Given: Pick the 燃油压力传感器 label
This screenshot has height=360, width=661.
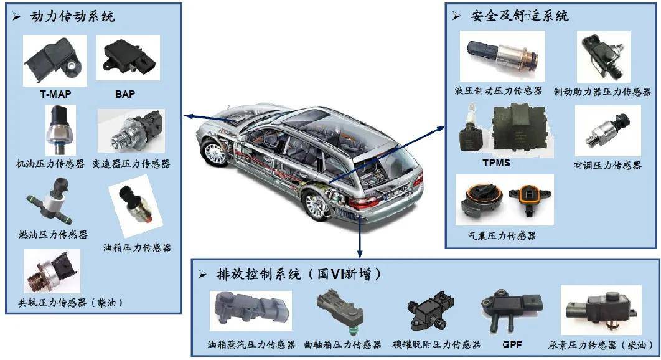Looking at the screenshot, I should point(54,235).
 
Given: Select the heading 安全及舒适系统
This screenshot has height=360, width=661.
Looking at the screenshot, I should point(519,16).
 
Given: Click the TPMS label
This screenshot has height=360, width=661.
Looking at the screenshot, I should point(497,163).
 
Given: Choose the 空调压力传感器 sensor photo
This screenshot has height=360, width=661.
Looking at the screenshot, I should point(607,130).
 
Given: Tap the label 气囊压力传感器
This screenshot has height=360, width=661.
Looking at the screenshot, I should point(503,235).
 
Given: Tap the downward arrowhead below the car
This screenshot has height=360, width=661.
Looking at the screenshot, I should point(360,253).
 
